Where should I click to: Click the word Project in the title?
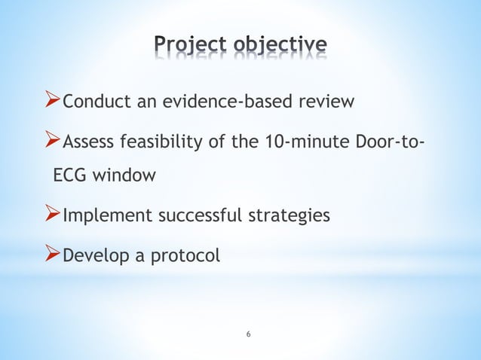(x=191, y=46)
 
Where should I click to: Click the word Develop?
(x=94, y=256)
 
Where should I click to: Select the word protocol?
(x=186, y=257)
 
